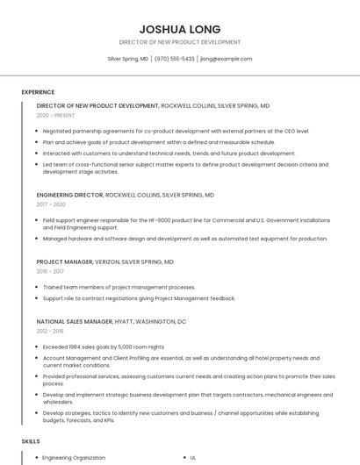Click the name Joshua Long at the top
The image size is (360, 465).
click(180, 29)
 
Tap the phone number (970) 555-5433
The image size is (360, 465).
click(175, 59)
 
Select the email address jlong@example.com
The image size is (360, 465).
click(226, 59)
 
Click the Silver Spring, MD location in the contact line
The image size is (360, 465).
click(127, 59)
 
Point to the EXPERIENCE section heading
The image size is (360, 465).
click(38, 92)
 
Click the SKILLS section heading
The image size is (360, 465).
click(31, 441)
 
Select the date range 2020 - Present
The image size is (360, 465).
click(56, 115)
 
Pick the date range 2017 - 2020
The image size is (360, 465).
click(51, 204)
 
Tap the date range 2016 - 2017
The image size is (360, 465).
click(51, 271)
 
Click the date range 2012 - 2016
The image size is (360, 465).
click(51, 332)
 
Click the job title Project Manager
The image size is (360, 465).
click(64, 261)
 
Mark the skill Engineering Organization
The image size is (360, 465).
click(74, 458)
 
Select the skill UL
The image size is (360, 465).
click(193, 458)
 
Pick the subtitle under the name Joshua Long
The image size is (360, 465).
click(180, 42)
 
